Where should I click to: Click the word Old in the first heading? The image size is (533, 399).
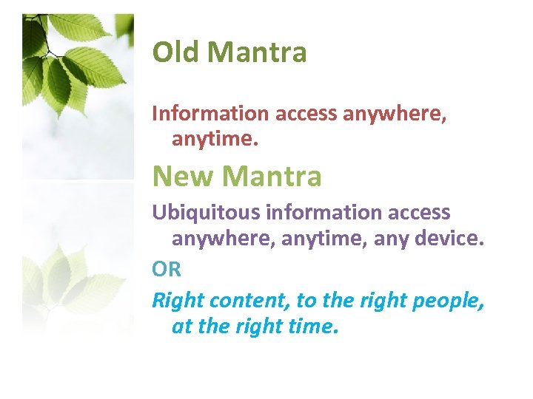(176, 52)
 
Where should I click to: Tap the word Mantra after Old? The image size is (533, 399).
(257, 52)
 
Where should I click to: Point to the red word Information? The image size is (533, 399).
(210, 114)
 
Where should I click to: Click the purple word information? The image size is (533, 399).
(309, 213)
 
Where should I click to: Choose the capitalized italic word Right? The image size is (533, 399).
(178, 301)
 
